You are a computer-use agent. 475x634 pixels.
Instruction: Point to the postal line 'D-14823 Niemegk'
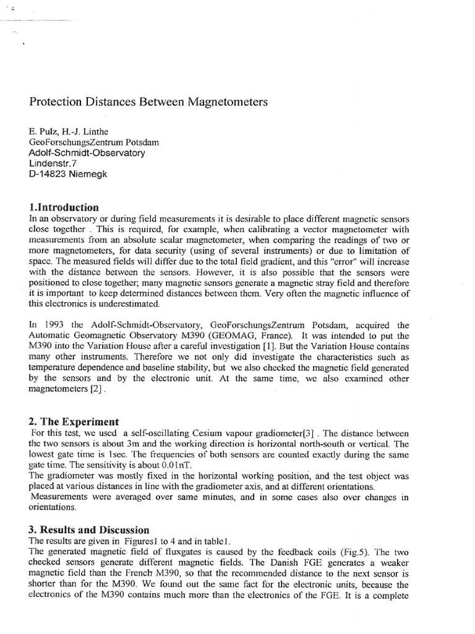pos(68,174)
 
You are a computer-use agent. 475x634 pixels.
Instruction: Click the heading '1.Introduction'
pos(64,207)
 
